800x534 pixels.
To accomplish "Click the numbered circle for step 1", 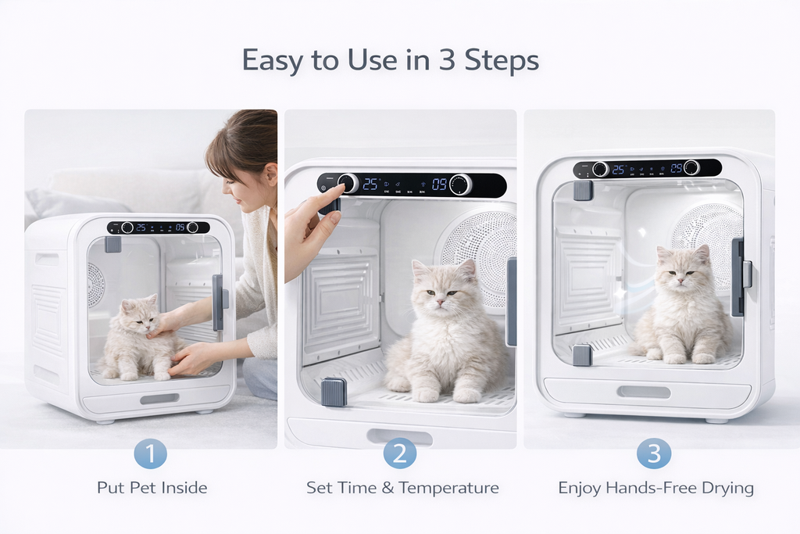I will (151, 453).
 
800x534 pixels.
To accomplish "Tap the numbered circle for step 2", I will (399, 453).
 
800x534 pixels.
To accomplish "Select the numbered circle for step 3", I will (655, 453).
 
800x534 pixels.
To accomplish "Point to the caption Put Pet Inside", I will (152, 488).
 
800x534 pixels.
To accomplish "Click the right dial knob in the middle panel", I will (460, 185).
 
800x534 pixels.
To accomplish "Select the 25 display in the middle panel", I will (370, 184).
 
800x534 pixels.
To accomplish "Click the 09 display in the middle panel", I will (439, 185).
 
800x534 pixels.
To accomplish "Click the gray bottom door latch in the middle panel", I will (334, 392).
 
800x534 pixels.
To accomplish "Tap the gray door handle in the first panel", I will (218, 302).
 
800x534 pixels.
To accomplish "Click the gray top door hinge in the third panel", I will (583, 191).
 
